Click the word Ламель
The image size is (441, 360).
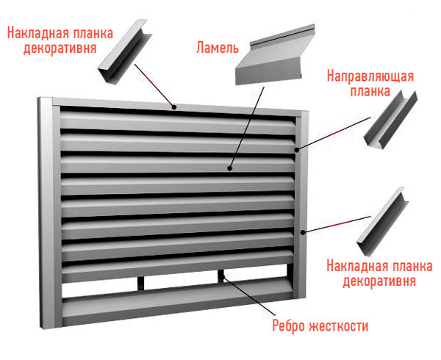[217, 48]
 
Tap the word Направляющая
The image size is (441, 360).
[370, 76]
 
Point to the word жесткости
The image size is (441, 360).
[339, 326]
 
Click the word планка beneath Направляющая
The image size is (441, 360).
[370, 91]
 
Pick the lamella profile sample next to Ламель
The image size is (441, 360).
[275, 55]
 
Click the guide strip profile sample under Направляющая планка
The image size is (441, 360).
[390, 119]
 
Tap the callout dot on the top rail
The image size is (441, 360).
[174, 107]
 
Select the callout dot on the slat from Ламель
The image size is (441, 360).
[230, 168]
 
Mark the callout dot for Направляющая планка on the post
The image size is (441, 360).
[297, 150]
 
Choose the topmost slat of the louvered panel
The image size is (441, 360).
[178, 122]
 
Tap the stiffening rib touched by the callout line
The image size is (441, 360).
[221, 276]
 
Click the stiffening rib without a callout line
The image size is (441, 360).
[140, 284]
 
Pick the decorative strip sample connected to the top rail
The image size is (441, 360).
[125, 51]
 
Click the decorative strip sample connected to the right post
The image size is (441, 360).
[382, 222]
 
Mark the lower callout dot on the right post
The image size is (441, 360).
[303, 232]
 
